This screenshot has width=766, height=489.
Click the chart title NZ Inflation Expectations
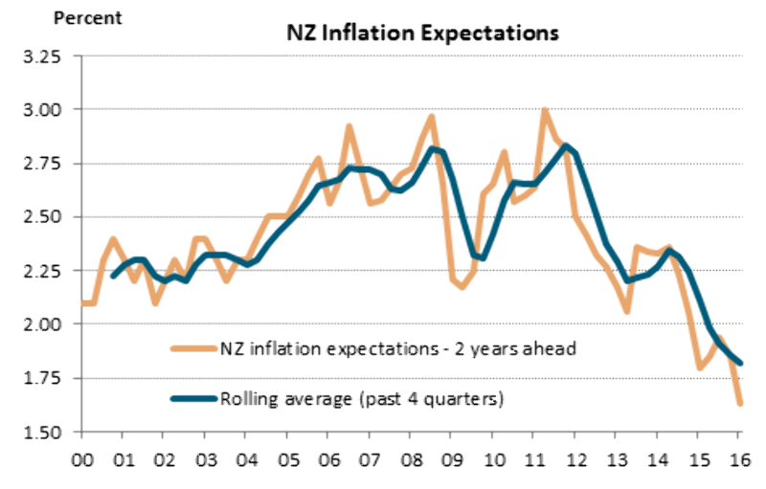(422, 33)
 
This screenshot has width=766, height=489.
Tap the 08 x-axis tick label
(410, 458)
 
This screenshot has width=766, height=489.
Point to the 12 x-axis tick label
(575, 458)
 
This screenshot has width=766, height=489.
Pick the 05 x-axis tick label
(286, 458)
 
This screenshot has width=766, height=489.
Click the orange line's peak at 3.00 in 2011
(545, 110)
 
